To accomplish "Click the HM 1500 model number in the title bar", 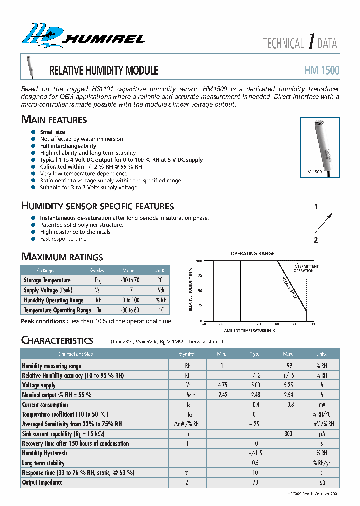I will tap(322, 70).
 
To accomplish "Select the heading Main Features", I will tap(54, 120).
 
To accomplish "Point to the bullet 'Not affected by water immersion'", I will tap(81, 139).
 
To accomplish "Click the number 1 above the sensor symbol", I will tap(316, 207).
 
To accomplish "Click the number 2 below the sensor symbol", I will tap(316, 240).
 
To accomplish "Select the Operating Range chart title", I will tap(252, 254).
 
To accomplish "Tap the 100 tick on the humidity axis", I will tap(199, 261).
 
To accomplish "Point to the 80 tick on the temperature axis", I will tap(314, 324).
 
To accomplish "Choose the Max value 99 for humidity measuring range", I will tap(289, 366).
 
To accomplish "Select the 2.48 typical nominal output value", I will tap(255, 395).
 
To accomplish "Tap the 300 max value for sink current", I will tap(289, 434).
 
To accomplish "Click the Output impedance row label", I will tap(42, 483).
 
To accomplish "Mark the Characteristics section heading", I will tap(57, 340).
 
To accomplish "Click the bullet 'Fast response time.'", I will tap(64, 239).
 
